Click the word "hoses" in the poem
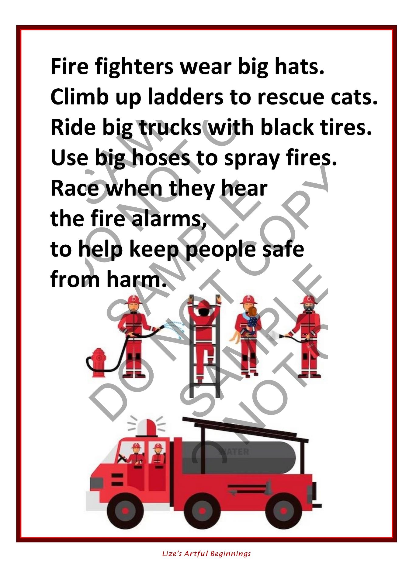click(161, 158)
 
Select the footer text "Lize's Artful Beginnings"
click(206, 554)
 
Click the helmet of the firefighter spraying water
click(133, 299)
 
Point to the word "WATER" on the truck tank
click(234, 452)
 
